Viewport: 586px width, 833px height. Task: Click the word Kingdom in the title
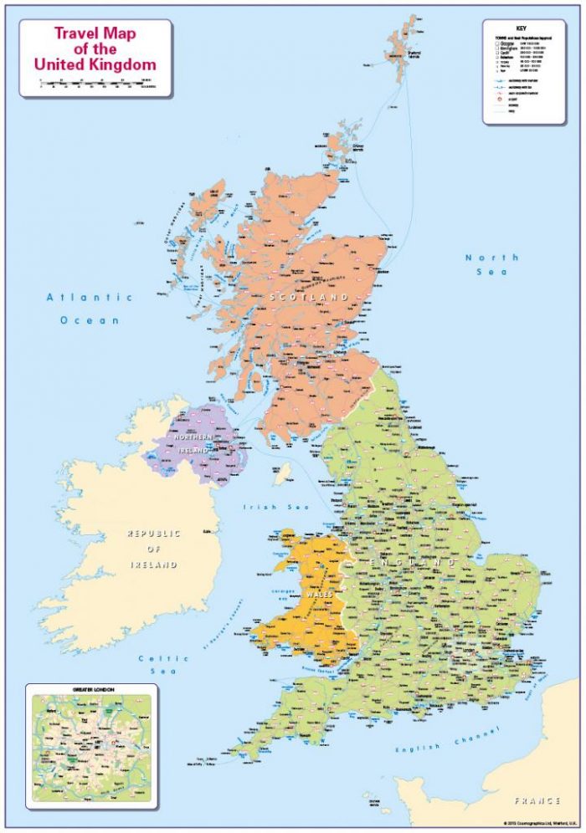(122, 64)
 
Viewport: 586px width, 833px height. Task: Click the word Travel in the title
(73, 34)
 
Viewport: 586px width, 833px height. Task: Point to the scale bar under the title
(95, 83)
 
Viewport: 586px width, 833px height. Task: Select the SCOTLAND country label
(308, 297)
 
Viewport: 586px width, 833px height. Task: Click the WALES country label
(319, 594)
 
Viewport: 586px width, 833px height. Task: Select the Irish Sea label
(275, 508)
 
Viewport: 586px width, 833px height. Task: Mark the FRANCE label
(537, 800)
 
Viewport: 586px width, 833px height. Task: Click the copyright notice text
(540, 823)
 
